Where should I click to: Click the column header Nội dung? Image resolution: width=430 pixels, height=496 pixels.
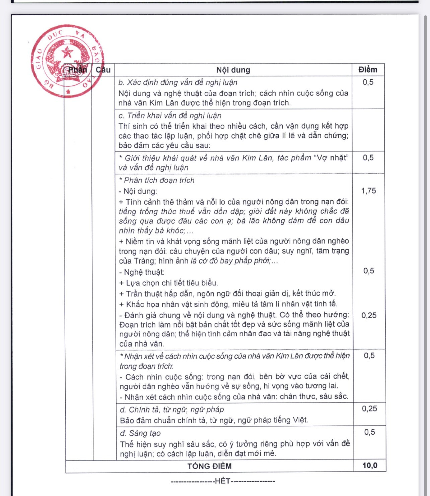(233, 70)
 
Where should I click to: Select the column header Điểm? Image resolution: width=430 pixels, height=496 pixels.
(368, 70)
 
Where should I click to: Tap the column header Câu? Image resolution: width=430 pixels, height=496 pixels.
(103, 70)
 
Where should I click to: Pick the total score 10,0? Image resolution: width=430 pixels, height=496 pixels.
(370, 466)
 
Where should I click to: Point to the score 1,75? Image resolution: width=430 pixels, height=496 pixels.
(368, 191)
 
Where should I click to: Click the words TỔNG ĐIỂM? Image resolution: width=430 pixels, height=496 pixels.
(209, 466)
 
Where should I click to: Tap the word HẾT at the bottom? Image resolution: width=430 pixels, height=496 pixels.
(222, 481)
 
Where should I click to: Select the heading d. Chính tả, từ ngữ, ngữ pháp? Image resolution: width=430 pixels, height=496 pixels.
(172, 410)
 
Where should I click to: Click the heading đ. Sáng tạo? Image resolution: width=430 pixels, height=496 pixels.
(140, 433)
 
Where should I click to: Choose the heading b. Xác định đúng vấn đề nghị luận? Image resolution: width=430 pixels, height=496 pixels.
(178, 82)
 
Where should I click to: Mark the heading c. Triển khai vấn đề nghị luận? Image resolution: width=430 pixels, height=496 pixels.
(170, 116)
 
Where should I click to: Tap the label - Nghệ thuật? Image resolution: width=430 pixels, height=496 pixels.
(142, 272)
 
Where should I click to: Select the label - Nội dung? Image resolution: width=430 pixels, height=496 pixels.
(138, 191)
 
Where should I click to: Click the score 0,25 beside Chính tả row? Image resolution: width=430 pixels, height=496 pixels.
(369, 409)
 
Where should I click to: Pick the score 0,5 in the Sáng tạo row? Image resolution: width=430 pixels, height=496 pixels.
(369, 432)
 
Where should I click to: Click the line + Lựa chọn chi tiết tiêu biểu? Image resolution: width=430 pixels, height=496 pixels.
(168, 283)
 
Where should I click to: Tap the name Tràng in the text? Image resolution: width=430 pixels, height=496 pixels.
(144, 261)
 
